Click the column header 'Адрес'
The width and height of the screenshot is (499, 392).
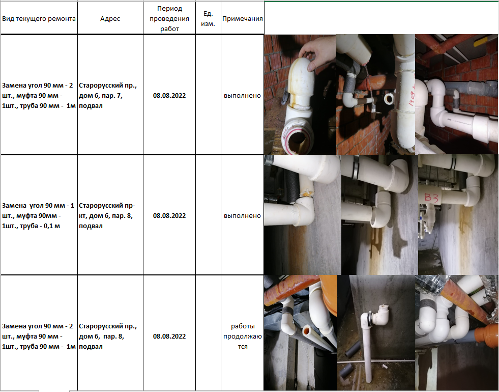point(110,18)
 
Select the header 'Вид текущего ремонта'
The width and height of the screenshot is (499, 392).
point(39,18)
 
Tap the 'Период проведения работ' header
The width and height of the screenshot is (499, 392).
point(169,18)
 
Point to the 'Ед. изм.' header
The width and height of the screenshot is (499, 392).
point(208,18)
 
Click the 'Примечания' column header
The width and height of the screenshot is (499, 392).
point(243,18)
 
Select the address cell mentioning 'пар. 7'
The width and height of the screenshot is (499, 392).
point(107,96)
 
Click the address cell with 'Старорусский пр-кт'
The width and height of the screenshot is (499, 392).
point(107,215)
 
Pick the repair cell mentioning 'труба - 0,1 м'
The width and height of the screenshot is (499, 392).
point(38,215)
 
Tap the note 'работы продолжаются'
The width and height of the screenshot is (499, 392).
point(243,337)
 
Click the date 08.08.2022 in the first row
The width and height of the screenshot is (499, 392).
point(169,96)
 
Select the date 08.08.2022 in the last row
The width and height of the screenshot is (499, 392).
point(169,337)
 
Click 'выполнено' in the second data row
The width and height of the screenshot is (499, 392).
point(243,215)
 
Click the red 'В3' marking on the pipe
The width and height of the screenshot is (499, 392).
point(431,198)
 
